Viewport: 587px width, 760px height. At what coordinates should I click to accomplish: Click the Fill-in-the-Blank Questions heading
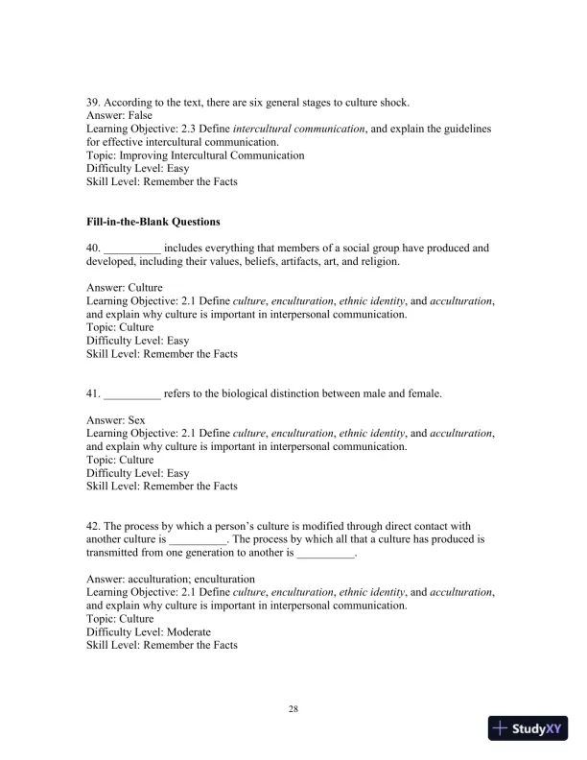[153, 222]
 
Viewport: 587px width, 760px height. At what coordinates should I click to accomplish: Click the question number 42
[93, 526]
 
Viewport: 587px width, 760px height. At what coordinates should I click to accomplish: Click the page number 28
[293, 709]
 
